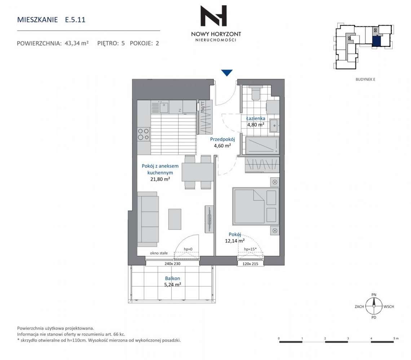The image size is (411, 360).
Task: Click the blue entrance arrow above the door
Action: pos(227,73)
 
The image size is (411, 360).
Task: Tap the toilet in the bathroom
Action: pos(255,93)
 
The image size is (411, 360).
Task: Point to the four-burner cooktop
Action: pos(143,134)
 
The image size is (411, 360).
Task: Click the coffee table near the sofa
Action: pos(174,219)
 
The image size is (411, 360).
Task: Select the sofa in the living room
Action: pos(148,219)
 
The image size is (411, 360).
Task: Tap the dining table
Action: pos(198,172)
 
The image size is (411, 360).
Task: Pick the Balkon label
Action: pos(172,278)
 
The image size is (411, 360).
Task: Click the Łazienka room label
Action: pos(256,119)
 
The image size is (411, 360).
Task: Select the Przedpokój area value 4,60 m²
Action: pos(222,146)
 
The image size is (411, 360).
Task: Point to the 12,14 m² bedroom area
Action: pos(235,240)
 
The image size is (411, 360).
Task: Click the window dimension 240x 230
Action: pos(172,263)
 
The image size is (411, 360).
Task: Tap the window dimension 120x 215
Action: pos(250,264)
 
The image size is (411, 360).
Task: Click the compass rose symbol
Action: pos(374,306)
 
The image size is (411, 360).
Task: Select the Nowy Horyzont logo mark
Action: pos(214,16)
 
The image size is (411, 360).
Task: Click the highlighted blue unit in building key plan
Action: pos(377,41)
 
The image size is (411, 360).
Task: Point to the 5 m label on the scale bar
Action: pos(396,338)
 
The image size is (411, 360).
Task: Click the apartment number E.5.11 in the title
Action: pos(75,20)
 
